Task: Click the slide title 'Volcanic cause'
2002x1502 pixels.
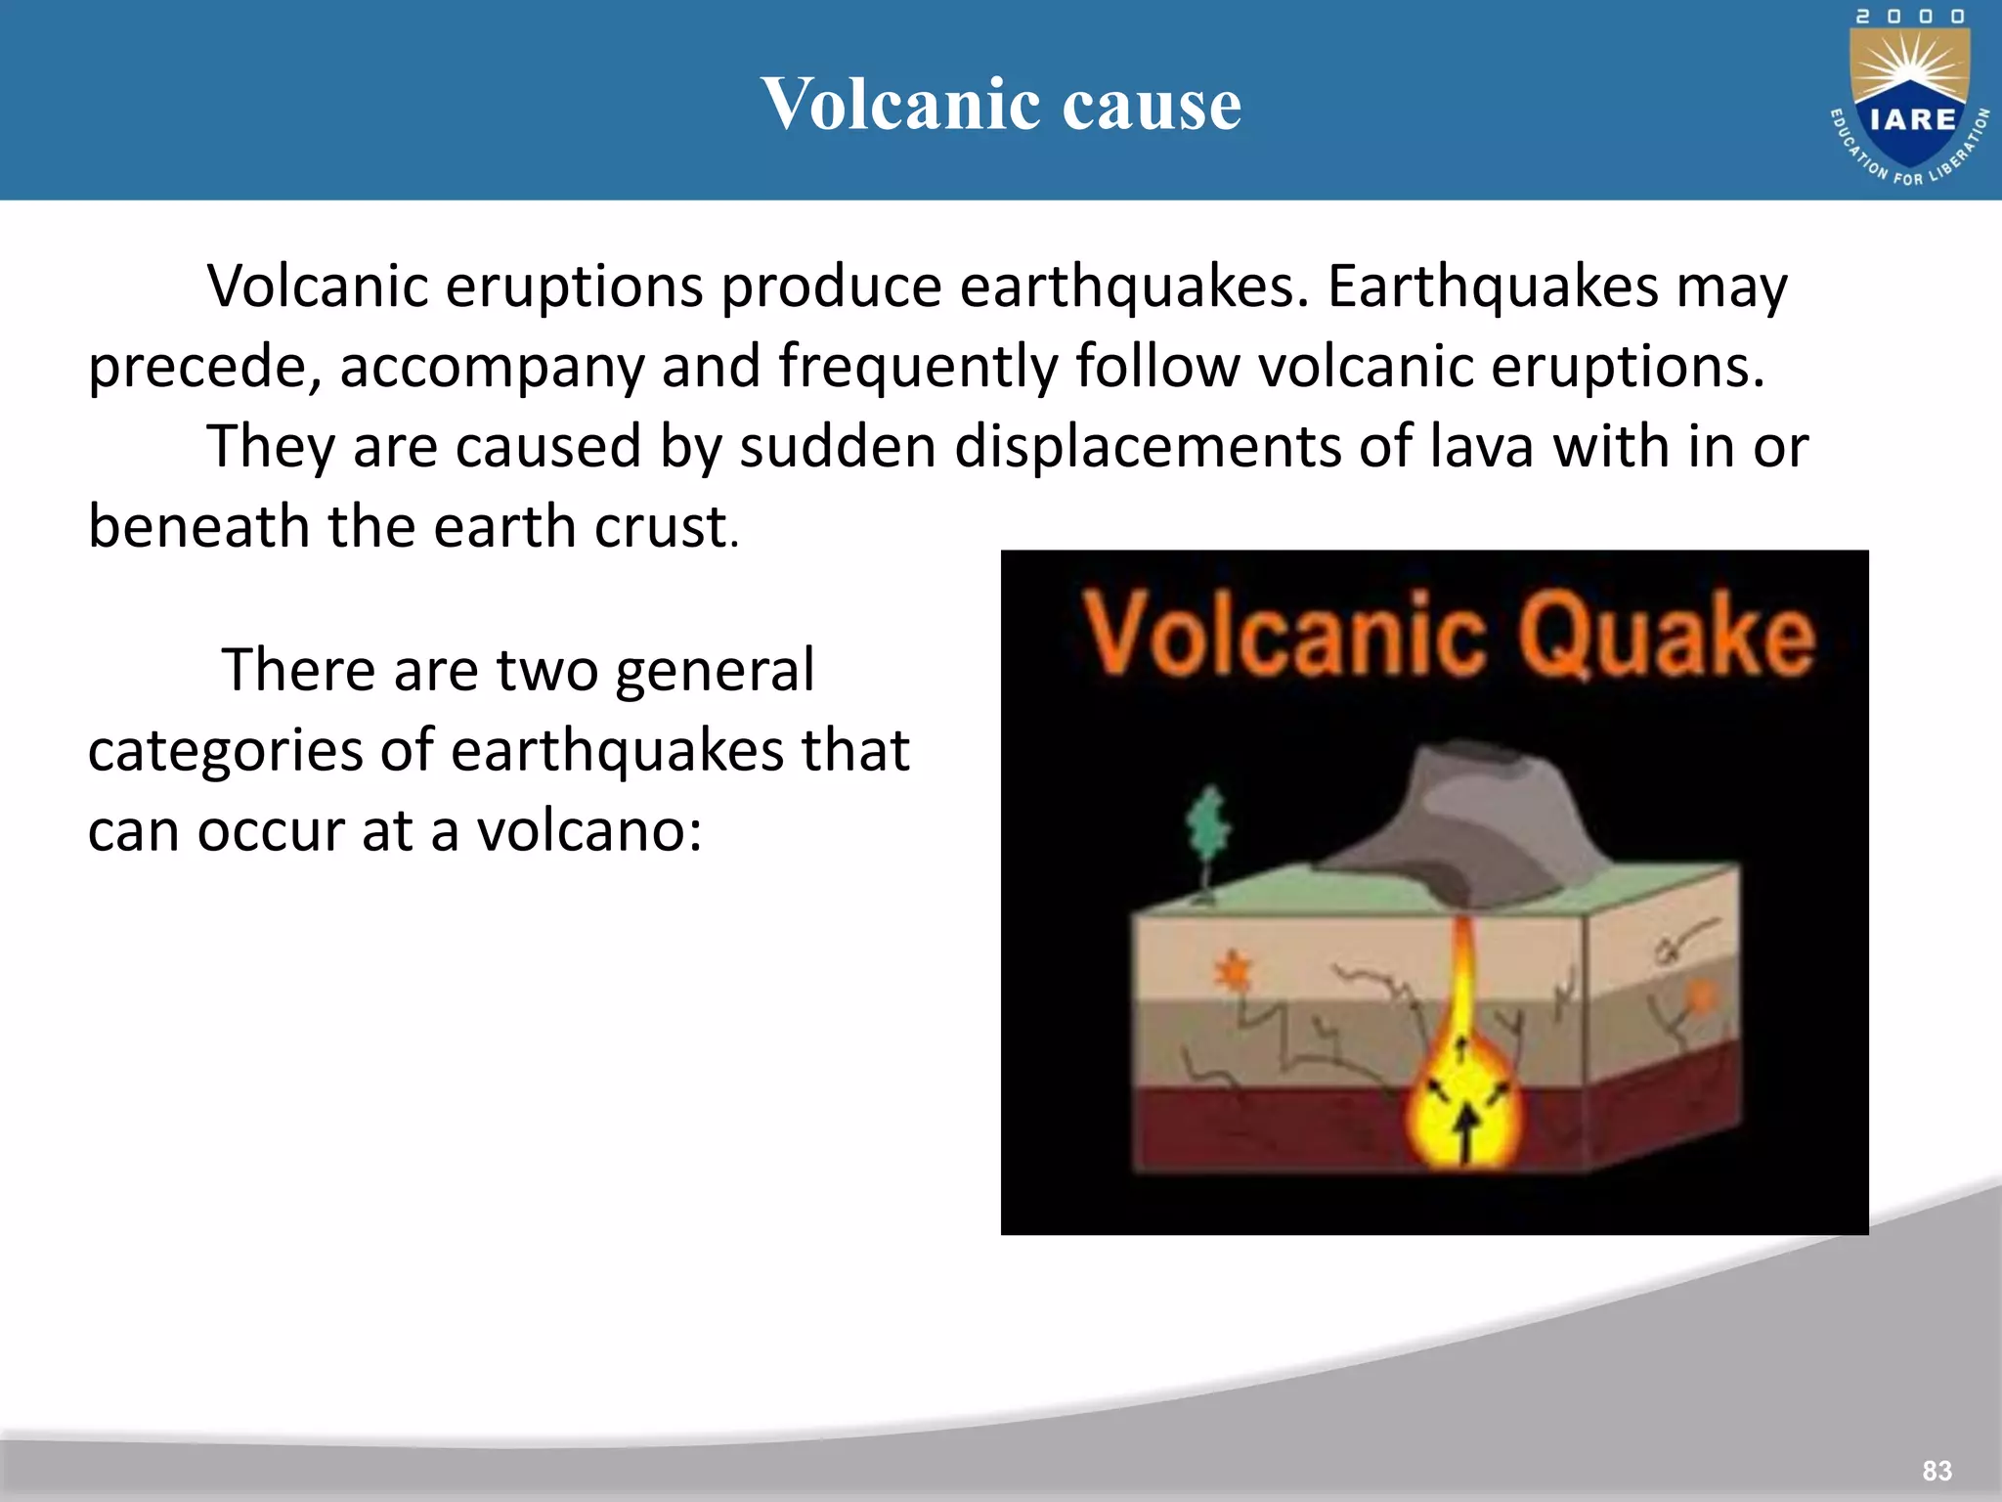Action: click(1001, 104)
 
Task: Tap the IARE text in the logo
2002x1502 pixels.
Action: click(1912, 119)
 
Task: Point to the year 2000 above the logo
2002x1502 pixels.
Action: click(1910, 17)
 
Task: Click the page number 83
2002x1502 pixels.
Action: click(1937, 1471)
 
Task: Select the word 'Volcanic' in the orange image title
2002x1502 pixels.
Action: click(1283, 636)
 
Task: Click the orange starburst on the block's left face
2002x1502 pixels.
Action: click(1234, 972)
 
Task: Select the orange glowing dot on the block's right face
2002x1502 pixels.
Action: click(1702, 997)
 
